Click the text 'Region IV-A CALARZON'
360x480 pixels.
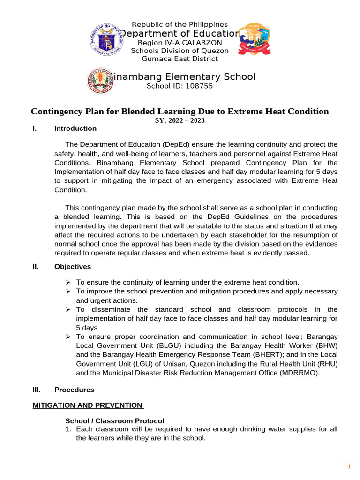(180, 43)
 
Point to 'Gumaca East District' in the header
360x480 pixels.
(180, 59)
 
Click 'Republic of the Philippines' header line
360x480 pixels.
(180, 24)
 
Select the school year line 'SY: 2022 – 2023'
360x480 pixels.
(180, 120)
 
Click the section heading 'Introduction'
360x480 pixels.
(75, 128)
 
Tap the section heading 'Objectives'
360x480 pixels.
(73, 267)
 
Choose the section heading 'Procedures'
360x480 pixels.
(74, 390)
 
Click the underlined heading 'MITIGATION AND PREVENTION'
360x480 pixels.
(87, 405)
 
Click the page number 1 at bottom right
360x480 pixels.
(348, 467)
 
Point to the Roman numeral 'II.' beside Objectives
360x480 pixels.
(36, 267)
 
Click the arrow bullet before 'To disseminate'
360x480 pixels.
(68, 310)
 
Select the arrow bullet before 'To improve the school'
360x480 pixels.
(68, 292)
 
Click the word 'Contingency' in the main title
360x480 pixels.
(57, 111)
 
